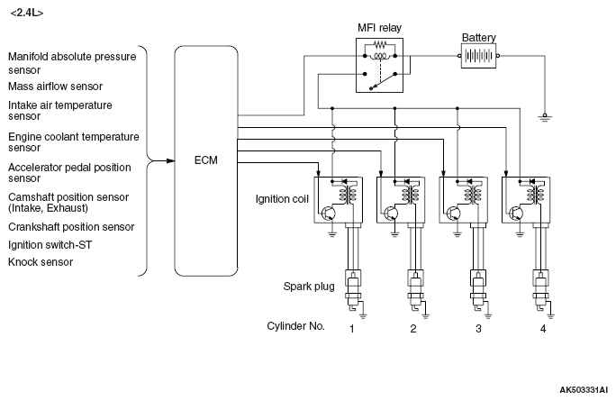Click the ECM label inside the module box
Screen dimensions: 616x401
pyautogui.click(x=206, y=160)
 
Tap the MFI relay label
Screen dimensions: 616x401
pyautogui.click(x=379, y=28)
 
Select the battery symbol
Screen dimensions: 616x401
pyautogui.click(x=478, y=56)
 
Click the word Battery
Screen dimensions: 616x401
pyautogui.click(x=478, y=38)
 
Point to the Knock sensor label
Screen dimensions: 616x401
pyautogui.click(x=41, y=262)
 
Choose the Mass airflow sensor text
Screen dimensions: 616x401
pyautogui.click(x=56, y=87)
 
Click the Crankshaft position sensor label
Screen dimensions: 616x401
pyautogui.click(x=71, y=227)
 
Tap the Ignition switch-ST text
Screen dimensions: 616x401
pyautogui.click(x=50, y=245)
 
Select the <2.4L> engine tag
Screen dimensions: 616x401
pyautogui.click(x=27, y=13)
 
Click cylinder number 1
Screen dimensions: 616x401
pyautogui.click(x=352, y=329)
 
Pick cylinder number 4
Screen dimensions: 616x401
pyautogui.click(x=543, y=329)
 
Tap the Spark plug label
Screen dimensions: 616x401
pyautogui.click(x=309, y=287)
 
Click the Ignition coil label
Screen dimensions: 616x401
pyautogui.click(x=282, y=199)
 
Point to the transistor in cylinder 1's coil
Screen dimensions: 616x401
pyautogui.click(x=328, y=214)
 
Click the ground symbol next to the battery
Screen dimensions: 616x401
pyautogui.click(x=545, y=117)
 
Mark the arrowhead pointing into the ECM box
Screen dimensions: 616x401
pyautogui.click(x=169, y=160)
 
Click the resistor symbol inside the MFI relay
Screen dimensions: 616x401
pyautogui.click(x=380, y=44)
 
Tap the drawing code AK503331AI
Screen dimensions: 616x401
pyautogui.click(x=584, y=390)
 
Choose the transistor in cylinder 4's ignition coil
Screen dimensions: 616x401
pyautogui.click(x=516, y=214)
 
